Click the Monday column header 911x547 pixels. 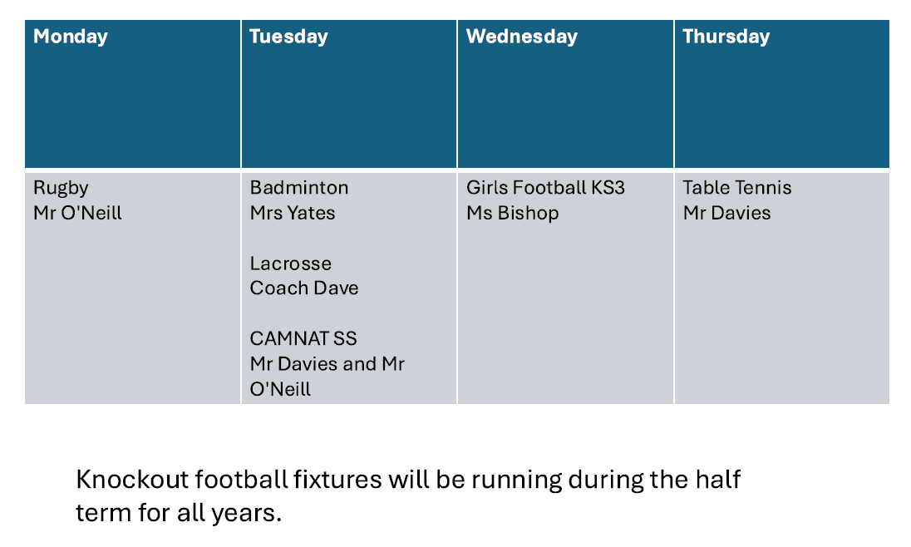point(71,37)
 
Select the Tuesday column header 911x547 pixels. point(288,37)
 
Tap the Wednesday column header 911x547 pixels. point(522,37)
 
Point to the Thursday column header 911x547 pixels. point(726,37)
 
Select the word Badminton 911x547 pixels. point(299,188)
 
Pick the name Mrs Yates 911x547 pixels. point(293,213)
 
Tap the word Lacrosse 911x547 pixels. point(290,264)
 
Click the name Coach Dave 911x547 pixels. point(304,288)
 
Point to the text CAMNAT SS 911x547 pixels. point(303,338)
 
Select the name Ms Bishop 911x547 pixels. point(512,214)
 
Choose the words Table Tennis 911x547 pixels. point(736,188)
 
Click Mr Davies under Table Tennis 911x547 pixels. point(726,213)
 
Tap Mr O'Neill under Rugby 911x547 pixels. point(78,213)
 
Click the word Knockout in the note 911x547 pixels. point(132,480)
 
